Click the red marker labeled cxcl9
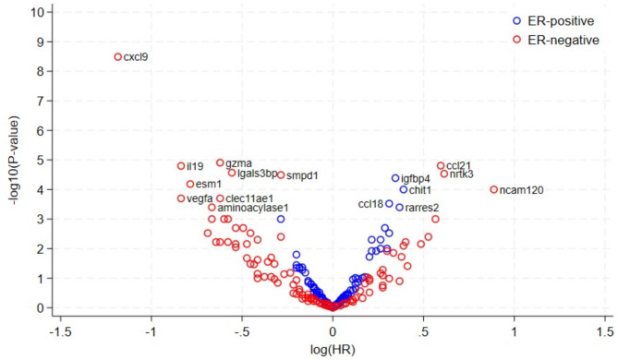tap(118, 56)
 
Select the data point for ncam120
tap(494, 189)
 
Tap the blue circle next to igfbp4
tap(395, 178)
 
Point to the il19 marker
tap(181, 166)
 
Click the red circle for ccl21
tap(441, 166)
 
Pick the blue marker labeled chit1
tap(403, 189)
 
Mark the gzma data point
tap(220, 162)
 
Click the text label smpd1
tap(302, 175)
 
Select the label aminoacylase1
tap(253, 208)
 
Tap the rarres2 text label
tap(422, 208)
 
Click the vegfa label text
tap(200, 198)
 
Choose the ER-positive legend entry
tap(553, 21)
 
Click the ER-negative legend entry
tap(556, 40)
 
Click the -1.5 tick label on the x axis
tap(60, 332)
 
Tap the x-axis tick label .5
tap(423, 332)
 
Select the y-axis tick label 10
tap(38, 12)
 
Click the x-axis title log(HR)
tap(333, 349)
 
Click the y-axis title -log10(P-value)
tap(15, 161)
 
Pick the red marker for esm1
tap(190, 184)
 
